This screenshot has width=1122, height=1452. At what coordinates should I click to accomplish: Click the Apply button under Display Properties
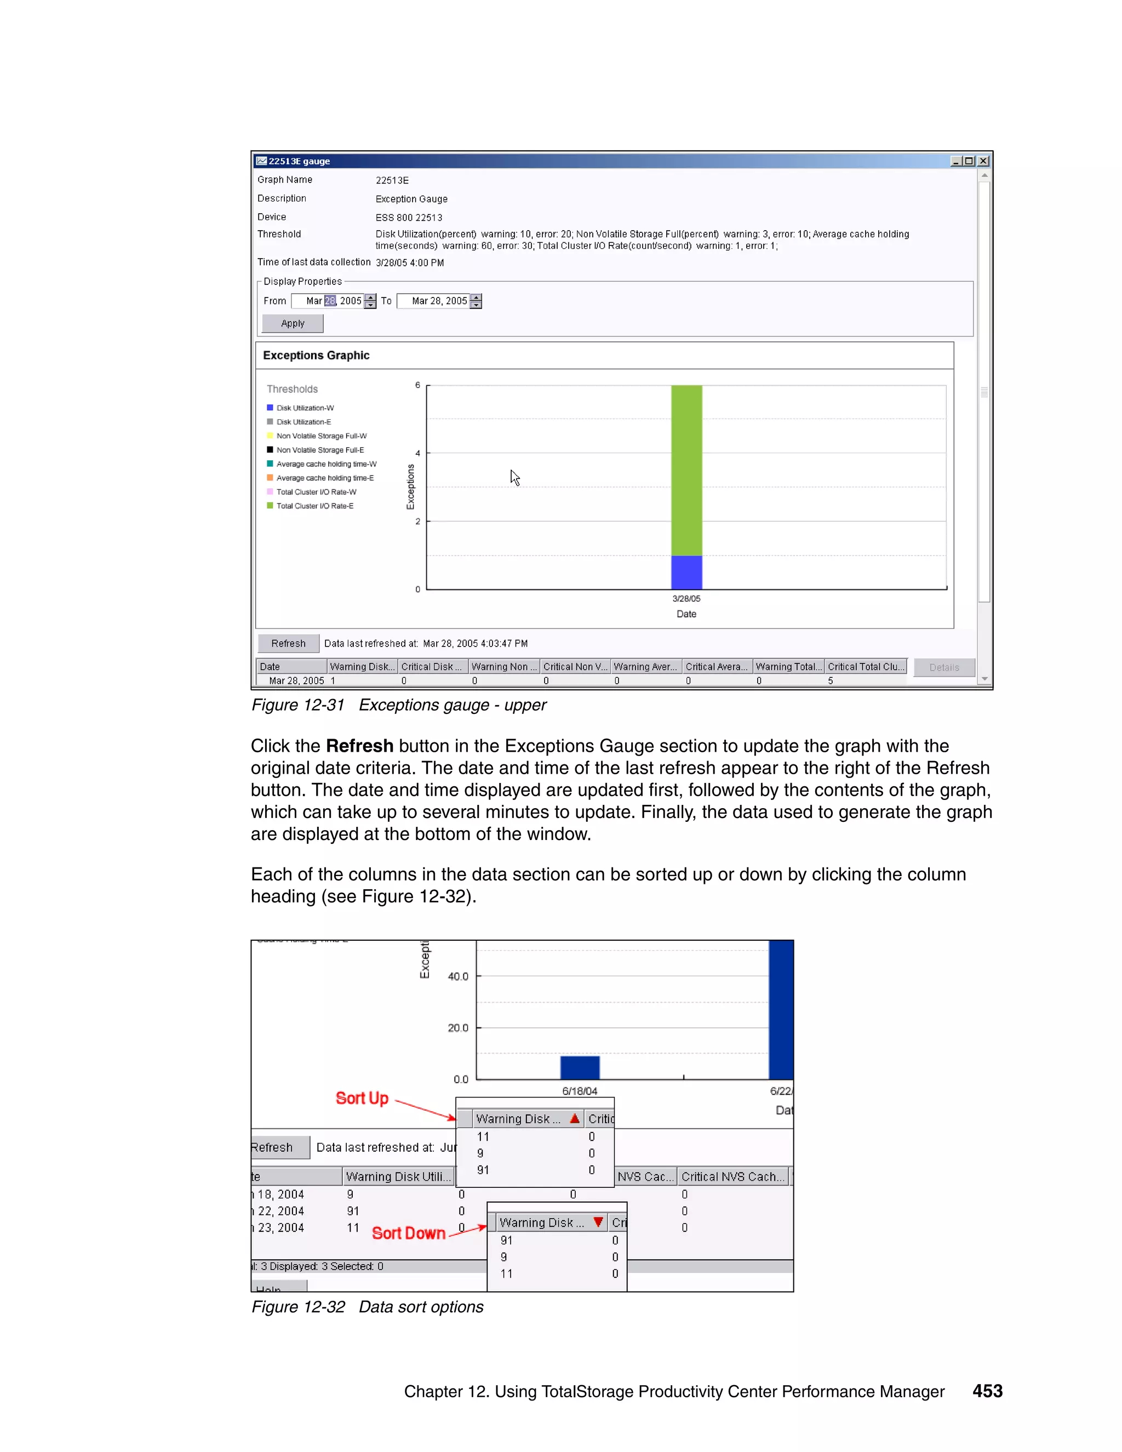pos(293,323)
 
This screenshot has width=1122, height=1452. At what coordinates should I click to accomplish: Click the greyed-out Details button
pos(943,667)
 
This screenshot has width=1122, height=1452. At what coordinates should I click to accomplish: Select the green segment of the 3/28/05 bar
pos(686,470)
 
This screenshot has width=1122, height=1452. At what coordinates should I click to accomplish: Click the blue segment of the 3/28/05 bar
pos(686,573)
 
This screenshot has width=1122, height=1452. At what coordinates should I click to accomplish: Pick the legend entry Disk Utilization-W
pos(305,408)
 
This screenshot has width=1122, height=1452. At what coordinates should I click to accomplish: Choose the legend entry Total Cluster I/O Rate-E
pos(314,506)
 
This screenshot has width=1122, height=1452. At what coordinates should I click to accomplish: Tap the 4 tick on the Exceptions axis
pos(418,454)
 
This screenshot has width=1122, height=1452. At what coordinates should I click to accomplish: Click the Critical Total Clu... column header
pos(866,667)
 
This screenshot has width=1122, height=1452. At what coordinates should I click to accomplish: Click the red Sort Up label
pos(362,1097)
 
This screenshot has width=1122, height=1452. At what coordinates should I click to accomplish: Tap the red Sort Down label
pos(408,1233)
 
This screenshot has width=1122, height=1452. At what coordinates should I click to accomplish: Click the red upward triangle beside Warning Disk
pos(575,1118)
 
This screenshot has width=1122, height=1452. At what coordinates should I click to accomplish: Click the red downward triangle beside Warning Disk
pos(598,1222)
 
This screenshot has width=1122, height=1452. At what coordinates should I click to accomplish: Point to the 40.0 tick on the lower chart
pos(458,976)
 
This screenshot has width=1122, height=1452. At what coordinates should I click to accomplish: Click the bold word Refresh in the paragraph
pos(359,746)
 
